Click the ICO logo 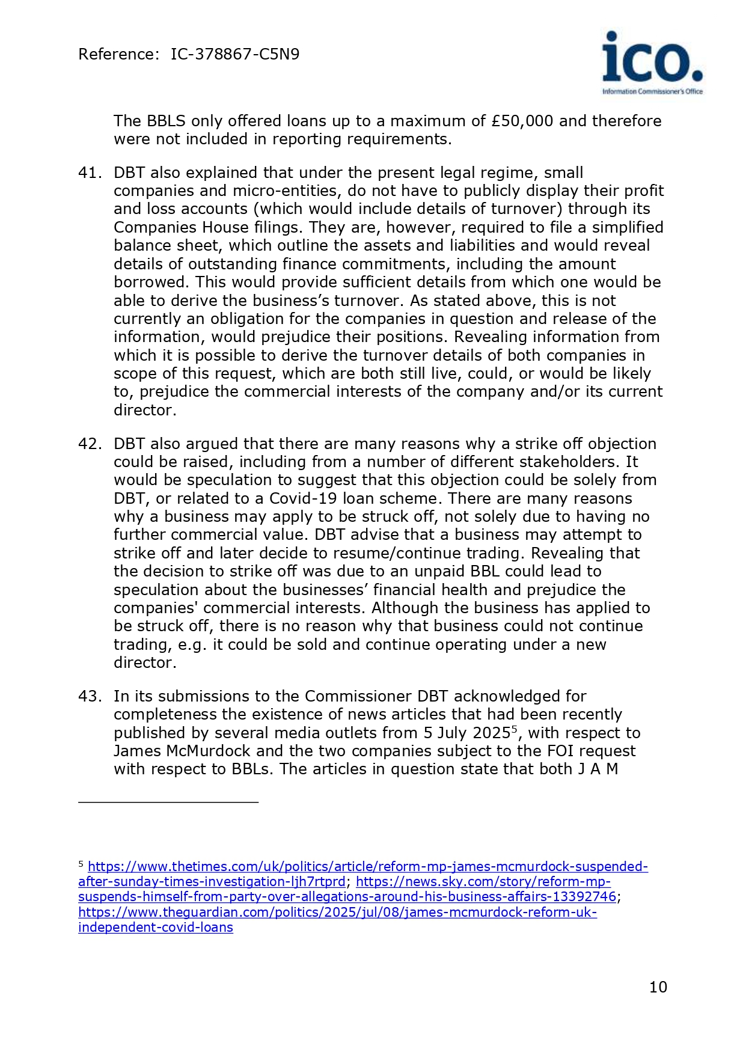coord(652,63)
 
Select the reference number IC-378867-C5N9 coord(234,55)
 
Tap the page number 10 coord(658,987)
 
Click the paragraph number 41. coord(90,173)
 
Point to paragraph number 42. coord(90,444)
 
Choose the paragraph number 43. coord(90,696)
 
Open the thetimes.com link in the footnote coord(367,867)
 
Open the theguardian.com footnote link coord(337,913)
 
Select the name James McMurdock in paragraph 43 coord(184,751)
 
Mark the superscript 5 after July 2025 coord(514,729)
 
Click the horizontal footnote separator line coord(168,802)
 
